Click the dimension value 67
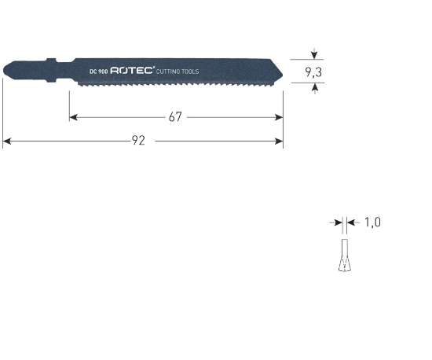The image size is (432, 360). point(175,117)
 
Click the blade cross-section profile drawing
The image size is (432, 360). point(342,257)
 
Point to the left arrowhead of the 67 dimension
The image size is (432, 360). point(73,117)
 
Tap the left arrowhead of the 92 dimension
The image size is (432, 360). point(6,142)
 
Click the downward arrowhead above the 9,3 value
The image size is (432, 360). point(314,55)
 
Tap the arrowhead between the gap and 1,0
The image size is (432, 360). point(350,223)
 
